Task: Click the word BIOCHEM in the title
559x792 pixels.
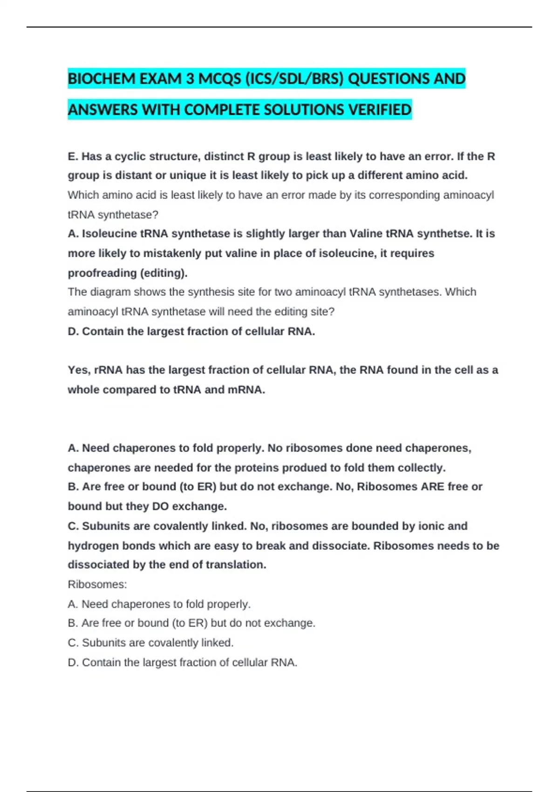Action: (95, 79)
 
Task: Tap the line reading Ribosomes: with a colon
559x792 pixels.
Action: (97, 585)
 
